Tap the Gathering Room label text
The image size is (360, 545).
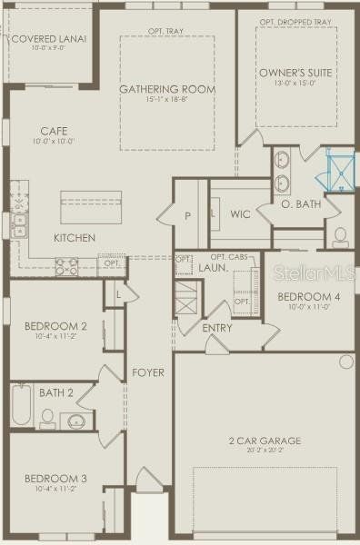[167, 89]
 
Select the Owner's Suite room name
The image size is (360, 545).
[295, 72]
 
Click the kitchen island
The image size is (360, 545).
[91, 206]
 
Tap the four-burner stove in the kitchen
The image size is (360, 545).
[67, 266]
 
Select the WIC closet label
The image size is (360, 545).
[240, 214]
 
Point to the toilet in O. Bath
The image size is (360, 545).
[340, 237]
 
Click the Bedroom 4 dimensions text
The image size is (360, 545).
[300, 307]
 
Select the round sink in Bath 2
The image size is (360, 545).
[75, 421]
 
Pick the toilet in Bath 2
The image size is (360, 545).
[45, 419]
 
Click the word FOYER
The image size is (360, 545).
[147, 372]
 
